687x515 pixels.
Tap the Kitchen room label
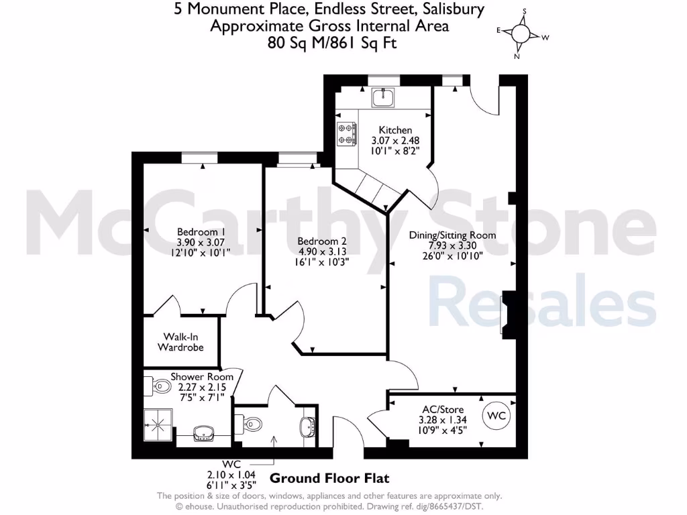coord(395,130)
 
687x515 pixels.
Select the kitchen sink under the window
coord(383,99)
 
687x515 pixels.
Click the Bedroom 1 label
coord(201,231)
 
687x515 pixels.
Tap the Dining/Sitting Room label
coord(452,235)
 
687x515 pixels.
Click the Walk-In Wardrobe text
coord(180,342)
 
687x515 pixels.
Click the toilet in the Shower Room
coord(160,386)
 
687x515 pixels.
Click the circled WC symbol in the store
coord(496,416)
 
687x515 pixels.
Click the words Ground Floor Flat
coord(329,479)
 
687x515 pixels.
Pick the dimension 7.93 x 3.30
coord(452,245)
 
